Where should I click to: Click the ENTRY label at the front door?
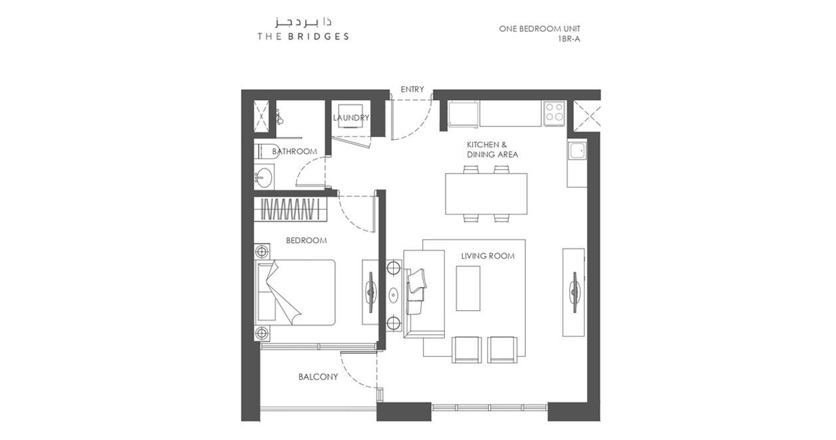tap(412, 89)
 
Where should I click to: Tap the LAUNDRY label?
tap(350, 118)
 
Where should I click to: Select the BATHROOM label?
tap(295, 151)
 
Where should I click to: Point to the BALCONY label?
tap(318, 377)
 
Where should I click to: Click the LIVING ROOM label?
tap(488, 256)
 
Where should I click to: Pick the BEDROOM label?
tap(307, 240)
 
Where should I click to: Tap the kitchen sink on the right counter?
tap(577, 152)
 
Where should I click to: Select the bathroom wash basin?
tap(264, 176)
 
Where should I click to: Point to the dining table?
tap(486, 194)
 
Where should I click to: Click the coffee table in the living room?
tap(468, 288)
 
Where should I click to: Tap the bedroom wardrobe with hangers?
tap(291, 209)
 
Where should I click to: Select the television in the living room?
tap(574, 292)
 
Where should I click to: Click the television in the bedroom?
tap(370, 292)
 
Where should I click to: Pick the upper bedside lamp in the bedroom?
tap(261, 252)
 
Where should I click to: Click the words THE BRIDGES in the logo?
tap(303, 37)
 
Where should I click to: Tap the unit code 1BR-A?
tap(569, 39)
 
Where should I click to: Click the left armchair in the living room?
tap(466, 349)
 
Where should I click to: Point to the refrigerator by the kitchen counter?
tap(463, 114)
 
